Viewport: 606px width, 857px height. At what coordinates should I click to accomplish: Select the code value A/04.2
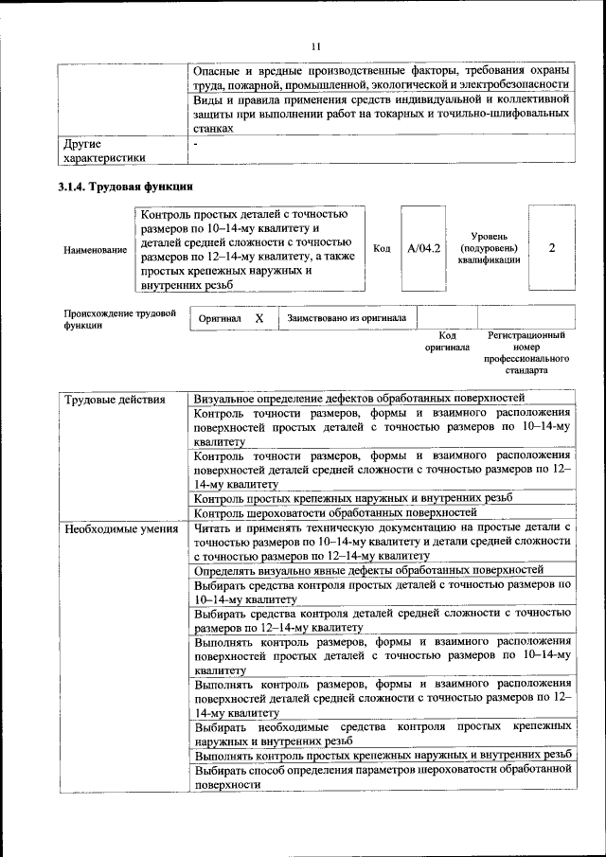[423, 249]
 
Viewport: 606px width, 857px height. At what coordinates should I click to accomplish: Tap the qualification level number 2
[551, 248]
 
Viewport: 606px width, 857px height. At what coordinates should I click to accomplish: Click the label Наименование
[95, 250]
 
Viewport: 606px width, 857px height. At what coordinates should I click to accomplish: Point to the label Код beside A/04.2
[382, 249]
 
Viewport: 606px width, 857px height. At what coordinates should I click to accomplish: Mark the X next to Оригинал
[258, 319]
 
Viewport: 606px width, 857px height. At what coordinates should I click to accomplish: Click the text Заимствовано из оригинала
[347, 319]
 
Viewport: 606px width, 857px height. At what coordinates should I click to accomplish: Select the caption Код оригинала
[447, 341]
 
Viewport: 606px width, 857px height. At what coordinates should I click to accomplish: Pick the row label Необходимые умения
[121, 528]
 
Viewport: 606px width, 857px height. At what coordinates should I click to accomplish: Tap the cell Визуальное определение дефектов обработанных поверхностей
[359, 399]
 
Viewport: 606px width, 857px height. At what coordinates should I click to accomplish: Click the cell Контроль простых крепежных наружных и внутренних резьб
[353, 497]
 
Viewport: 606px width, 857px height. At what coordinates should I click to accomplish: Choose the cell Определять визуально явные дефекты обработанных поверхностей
[368, 570]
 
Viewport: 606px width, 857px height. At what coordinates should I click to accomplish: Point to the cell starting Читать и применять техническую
[382, 542]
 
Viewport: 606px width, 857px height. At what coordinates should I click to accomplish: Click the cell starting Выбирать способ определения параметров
[382, 777]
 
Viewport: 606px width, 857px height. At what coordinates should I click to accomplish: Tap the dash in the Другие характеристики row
[195, 145]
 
